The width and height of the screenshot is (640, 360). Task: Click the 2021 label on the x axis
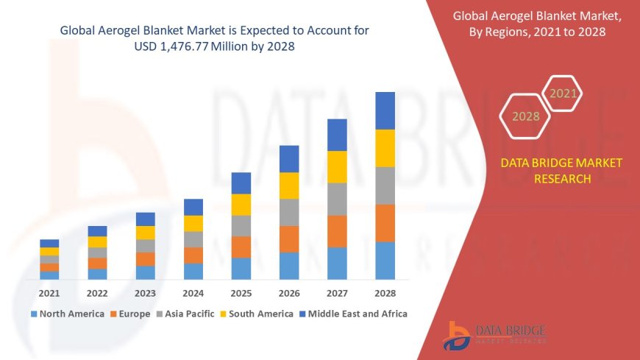tap(49, 293)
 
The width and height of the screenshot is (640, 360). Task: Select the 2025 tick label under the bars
tap(241, 293)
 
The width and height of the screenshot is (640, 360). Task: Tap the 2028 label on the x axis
tap(385, 293)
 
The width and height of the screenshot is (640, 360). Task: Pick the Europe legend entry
tap(133, 314)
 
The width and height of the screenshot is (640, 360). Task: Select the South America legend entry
tap(258, 314)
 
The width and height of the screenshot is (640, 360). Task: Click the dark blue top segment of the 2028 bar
tap(385, 110)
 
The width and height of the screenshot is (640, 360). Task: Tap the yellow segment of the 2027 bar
tap(337, 166)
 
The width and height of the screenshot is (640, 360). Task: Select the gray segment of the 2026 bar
tap(289, 212)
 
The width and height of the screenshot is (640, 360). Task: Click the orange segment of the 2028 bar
tap(385, 223)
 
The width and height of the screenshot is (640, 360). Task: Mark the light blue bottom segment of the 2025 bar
tap(241, 268)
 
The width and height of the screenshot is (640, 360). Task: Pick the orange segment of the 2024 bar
tap(193, 255)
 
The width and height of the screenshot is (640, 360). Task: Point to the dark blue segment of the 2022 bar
tap(97, 231)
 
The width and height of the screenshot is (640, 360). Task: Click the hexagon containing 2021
tap(563, 93)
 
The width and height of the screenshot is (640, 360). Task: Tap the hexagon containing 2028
tap(525, 116)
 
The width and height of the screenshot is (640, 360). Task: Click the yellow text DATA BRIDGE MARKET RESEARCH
tap(561, 171)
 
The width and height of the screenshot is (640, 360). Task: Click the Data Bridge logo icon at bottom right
tap(458, 335)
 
